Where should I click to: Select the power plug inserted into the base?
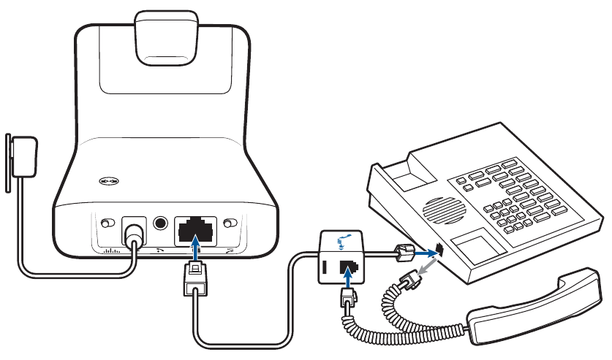(x=132, y=234)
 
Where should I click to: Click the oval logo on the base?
(x=110, y=182)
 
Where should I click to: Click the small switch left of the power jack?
(x=107, y=223)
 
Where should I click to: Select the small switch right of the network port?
(x=232, y=223)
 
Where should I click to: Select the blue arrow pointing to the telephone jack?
(x=425, y=252)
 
